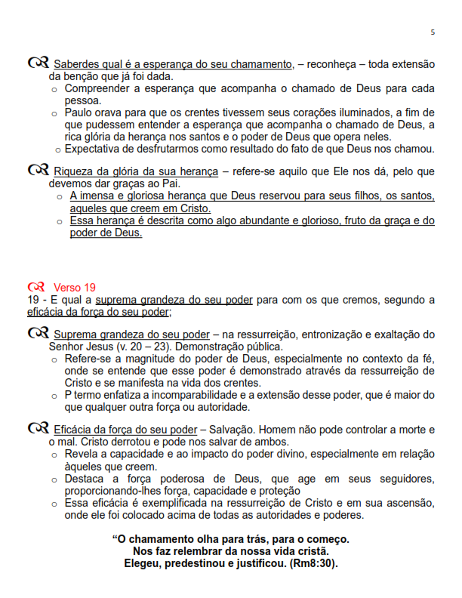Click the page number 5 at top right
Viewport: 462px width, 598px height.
pyautogui.click(x=433, y=32)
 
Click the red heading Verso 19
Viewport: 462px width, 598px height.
pyautogui.click(x=75, y=287)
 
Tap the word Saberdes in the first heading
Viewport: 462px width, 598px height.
pyautogui.click(x=77, y=63)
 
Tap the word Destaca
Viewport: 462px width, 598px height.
pyautogui.click(x=86, y=480)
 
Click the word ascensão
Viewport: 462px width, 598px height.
pyautogui.click(x=408, y=504)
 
